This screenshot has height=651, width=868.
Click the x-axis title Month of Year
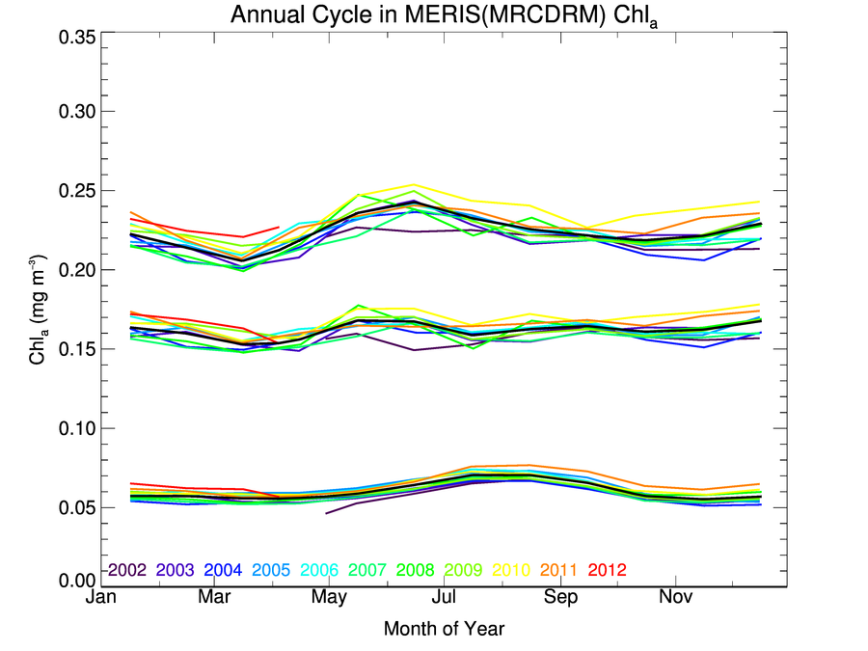pos(444,629)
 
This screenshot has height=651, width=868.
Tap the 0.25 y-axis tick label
pos(73,191)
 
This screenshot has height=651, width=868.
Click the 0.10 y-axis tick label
pos(73,428)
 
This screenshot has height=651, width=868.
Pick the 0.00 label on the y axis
pos(73,581)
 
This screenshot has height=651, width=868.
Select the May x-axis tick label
pos(329,599)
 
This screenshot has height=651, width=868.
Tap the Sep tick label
pos(560,599)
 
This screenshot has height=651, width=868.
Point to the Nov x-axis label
pos(675,599)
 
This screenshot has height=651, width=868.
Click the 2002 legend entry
pos(126,570)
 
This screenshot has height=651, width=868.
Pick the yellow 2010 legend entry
pos(511,570)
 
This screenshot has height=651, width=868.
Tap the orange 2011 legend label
pos(559,570)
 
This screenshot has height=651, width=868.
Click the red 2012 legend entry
pos(608,570)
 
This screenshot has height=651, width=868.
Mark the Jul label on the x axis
pos(445,599)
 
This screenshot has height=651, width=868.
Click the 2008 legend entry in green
pos(416,570)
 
